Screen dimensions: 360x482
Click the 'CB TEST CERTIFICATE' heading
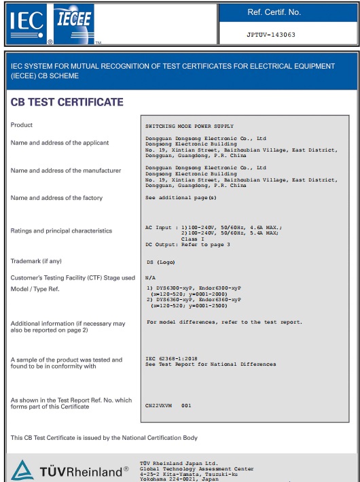point(67,102)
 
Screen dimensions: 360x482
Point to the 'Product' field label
point(22,125)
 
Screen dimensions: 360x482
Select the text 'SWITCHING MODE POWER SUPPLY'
point(190,126)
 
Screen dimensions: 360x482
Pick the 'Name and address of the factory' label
point(56,198)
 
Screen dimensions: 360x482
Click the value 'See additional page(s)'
point(181,197)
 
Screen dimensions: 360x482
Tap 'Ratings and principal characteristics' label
point(61,230)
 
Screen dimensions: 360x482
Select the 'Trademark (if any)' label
point(36,260)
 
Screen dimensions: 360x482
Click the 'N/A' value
point(150,277)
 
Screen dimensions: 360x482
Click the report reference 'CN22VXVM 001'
point(168,405)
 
